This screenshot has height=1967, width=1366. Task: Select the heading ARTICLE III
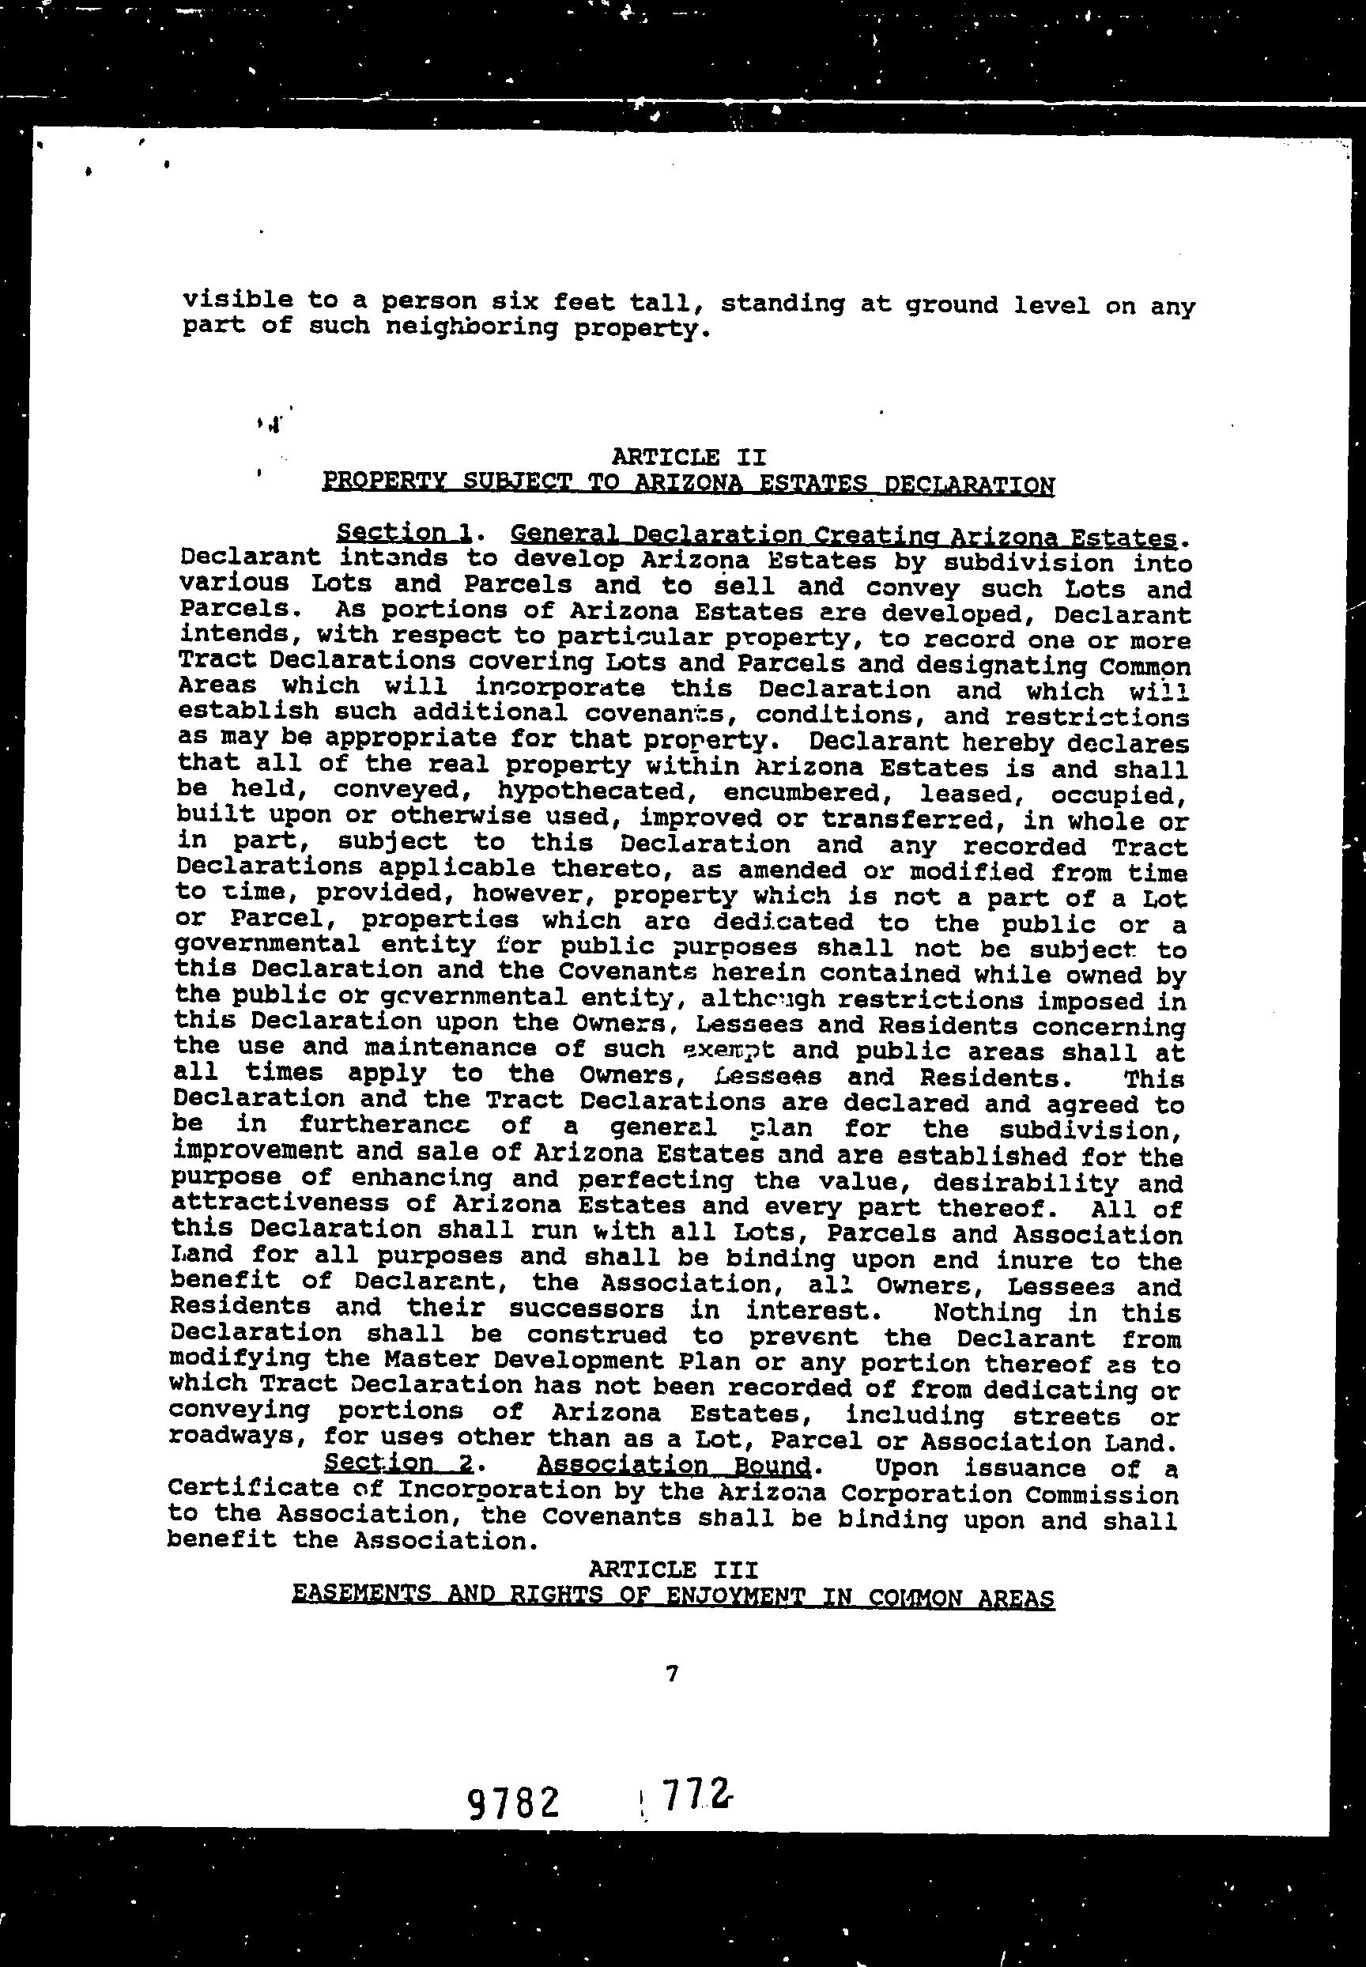(x=673, y=1569)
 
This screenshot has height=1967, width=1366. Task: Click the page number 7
(x=671, y=1673)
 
